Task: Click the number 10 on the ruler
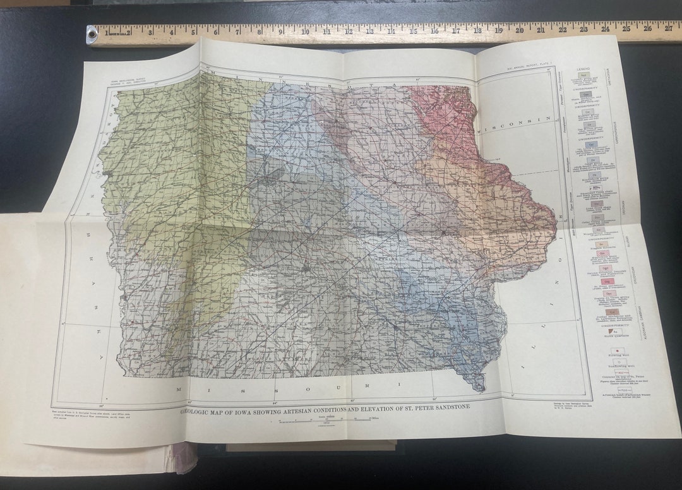point(305,31)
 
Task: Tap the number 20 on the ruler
point(519,29)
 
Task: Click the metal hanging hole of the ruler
point(93,35)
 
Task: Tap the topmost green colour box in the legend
point(584,75)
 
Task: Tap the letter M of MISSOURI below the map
point(179,390)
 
